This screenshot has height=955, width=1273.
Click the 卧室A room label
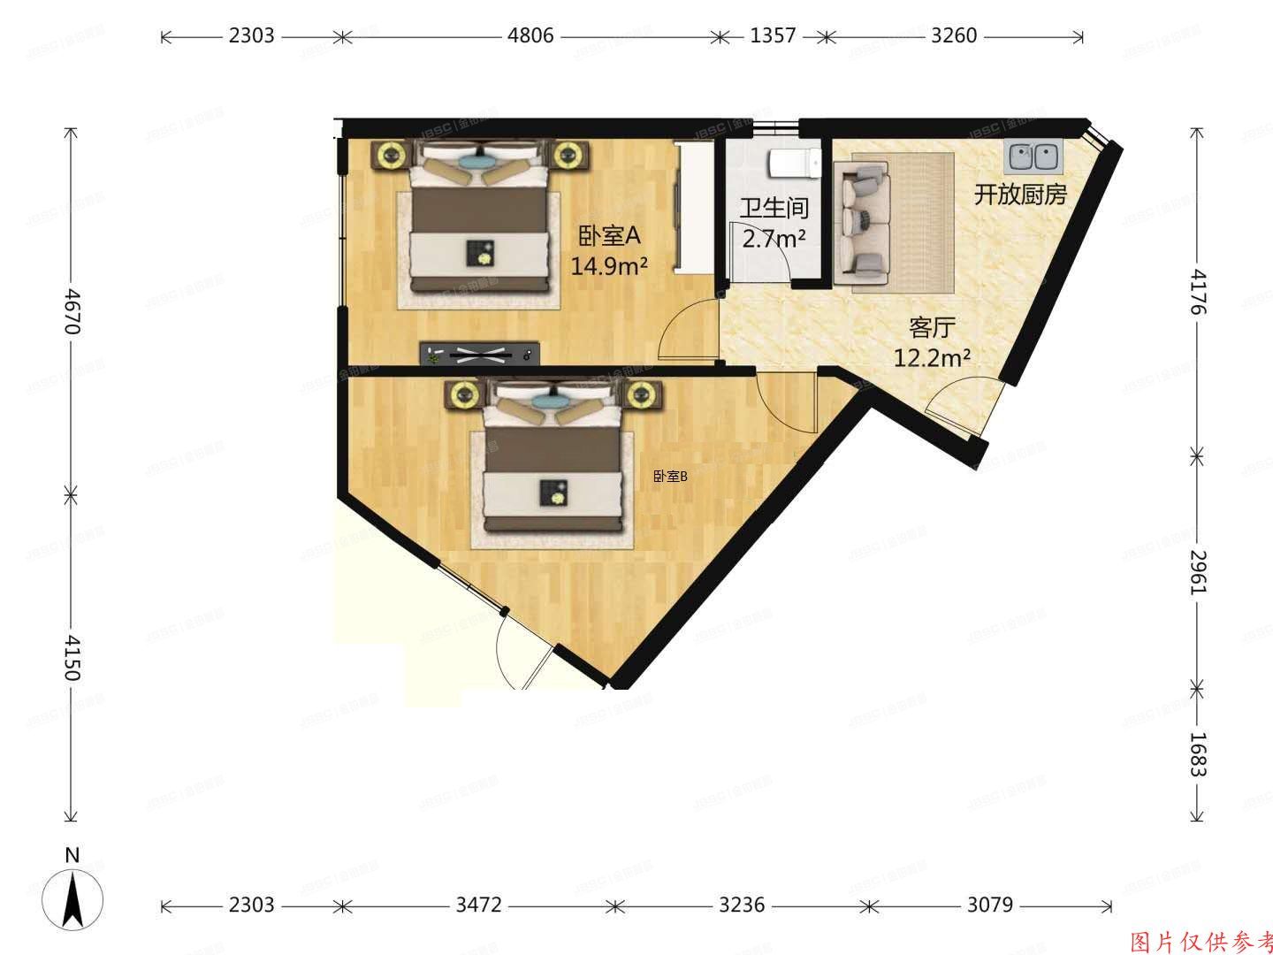tap(608, 236)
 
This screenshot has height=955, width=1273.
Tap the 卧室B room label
tap(670, 477)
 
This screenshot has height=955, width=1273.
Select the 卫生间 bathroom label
tap(774, 209)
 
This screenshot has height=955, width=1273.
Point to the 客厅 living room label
tap(932, 328)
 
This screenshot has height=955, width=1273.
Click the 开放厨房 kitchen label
tap(1020, 195)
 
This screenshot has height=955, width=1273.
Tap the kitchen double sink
tap(1033, 157)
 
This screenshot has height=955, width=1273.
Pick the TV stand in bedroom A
tap(479, 354)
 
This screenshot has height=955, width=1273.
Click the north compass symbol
tap(75, 898)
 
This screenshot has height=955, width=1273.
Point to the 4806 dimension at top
tap(530, 36)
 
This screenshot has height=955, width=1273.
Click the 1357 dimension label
tap(773, 36)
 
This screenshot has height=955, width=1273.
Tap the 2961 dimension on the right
tap(1198, 572)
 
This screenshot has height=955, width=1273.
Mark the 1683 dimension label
tap(1198, 753)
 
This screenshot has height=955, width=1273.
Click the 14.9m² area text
tap(610, 265)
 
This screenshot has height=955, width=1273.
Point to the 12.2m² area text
tap(933, 358)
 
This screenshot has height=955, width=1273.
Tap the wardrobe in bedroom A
tap(690, 207)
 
